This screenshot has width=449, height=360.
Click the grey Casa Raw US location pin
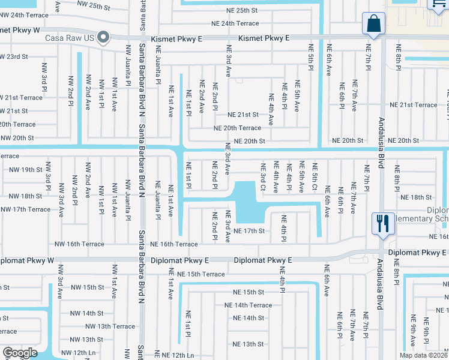103,38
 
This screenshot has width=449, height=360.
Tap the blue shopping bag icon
373,25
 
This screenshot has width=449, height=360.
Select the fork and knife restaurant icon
382,223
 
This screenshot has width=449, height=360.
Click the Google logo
20,353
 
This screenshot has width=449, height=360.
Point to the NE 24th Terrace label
235,23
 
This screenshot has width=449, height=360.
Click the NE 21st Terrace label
414,105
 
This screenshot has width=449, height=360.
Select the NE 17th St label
249,231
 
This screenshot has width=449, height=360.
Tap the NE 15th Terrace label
197,274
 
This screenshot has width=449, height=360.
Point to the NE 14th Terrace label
248,305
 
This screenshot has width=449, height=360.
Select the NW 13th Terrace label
110,326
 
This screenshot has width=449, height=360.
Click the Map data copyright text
422,355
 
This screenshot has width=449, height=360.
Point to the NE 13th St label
249,344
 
